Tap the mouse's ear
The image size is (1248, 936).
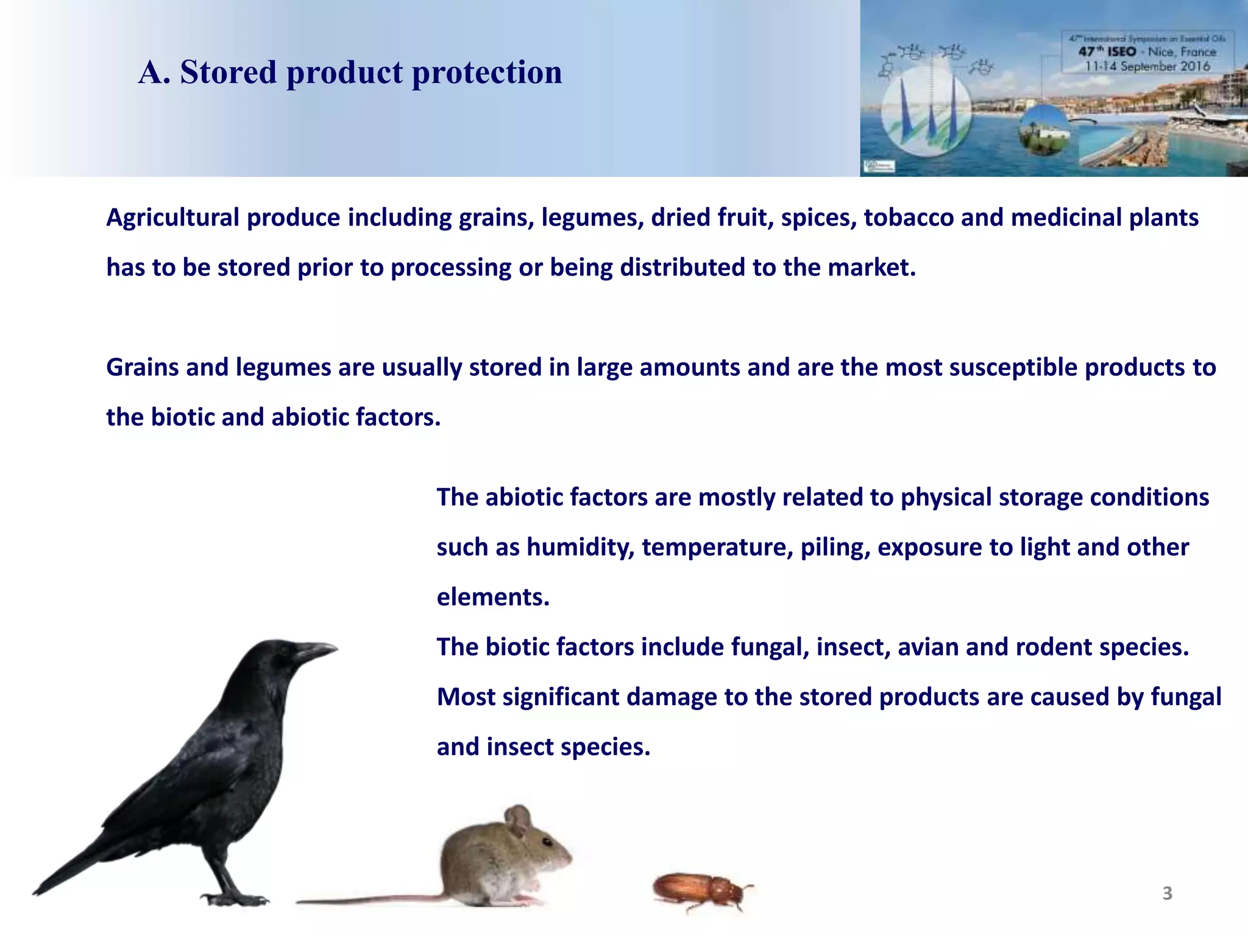point(519,820)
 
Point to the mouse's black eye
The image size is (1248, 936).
point(547,842)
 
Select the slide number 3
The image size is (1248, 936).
point(1167,893)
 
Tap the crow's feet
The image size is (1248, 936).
point(235,898)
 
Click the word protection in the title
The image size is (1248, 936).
point(487,73)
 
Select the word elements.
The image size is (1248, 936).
point(492,597)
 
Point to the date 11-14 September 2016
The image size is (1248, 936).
point(1147,66)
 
